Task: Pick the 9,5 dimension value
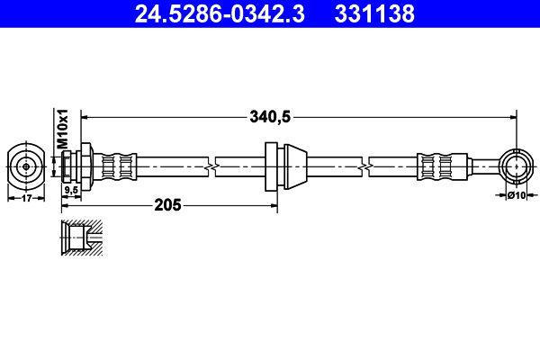(70, 190)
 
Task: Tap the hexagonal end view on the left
(26, 166)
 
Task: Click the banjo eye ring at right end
(516, 166)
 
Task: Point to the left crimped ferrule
(118, 166)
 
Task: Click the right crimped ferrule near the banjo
(435, 166)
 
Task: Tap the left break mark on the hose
(211, 166)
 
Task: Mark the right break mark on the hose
(366, 166)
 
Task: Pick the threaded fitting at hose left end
(70, 166)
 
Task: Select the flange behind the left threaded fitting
(85, 166)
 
